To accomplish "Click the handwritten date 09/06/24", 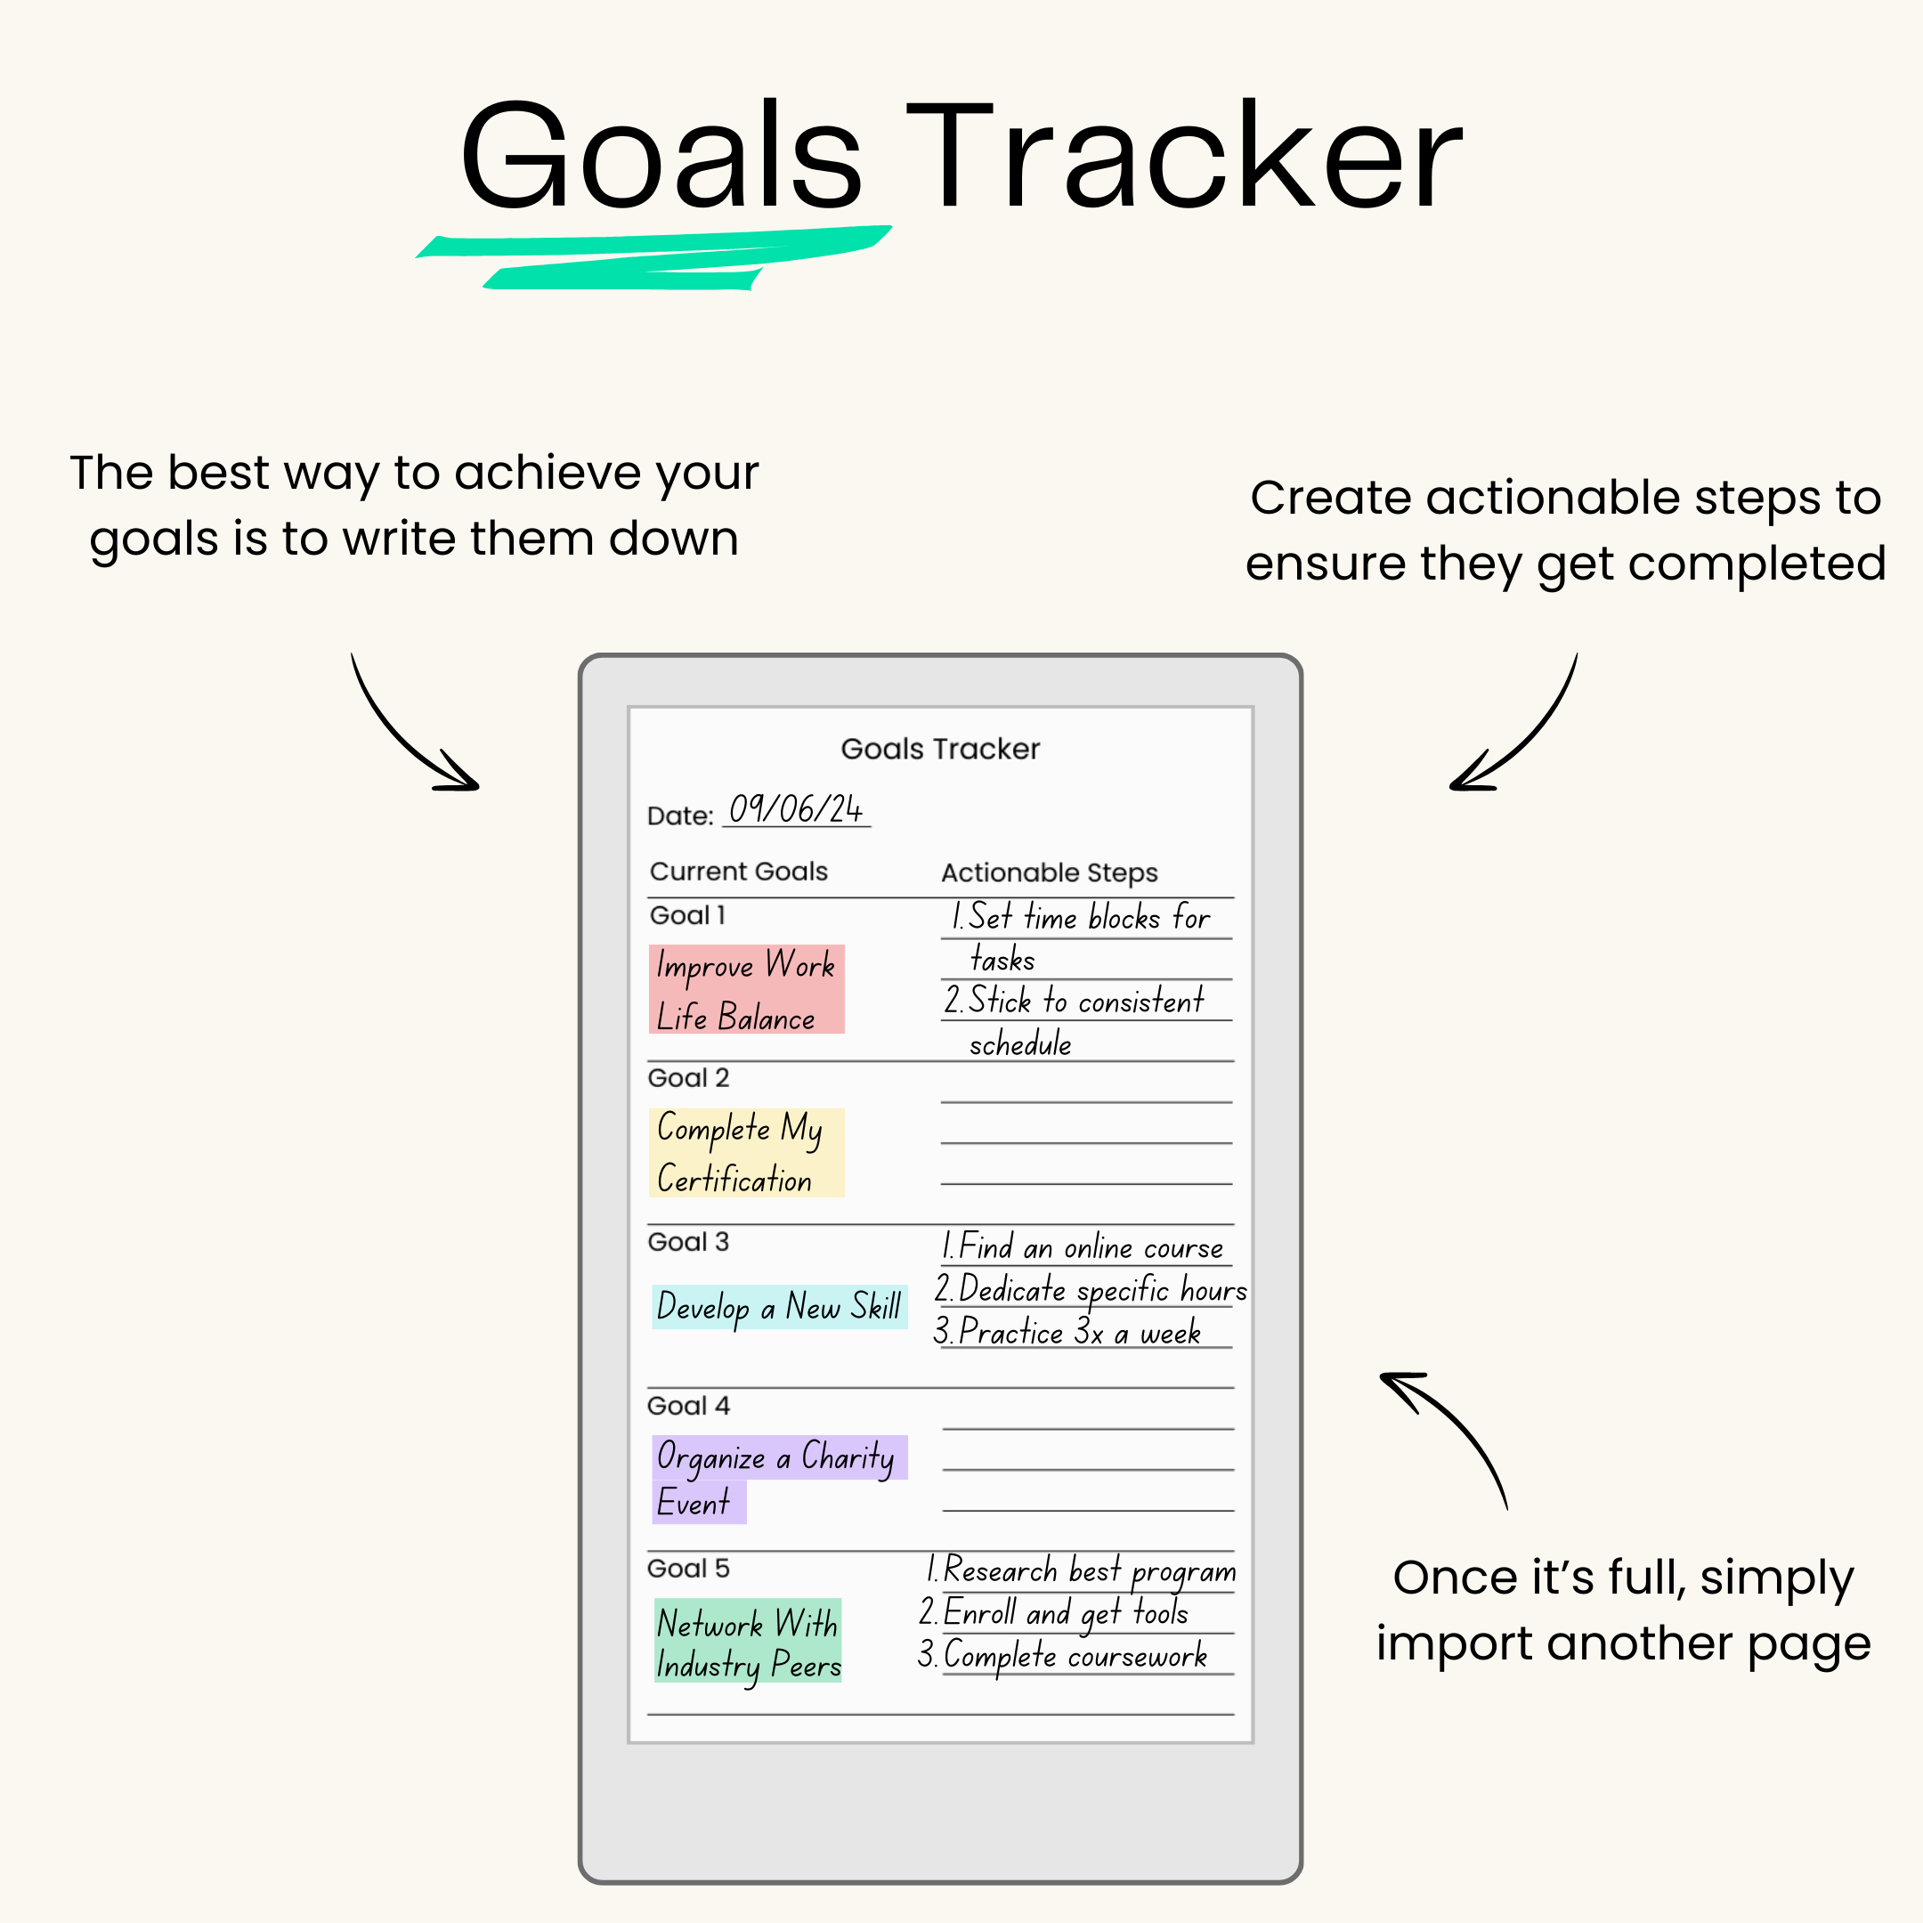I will [795, 809].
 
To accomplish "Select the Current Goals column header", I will [739, 872].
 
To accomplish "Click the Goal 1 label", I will [686, 916].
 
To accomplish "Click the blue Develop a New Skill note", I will [779, 1307].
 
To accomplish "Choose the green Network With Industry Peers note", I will [748, 1642].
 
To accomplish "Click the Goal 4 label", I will [688, 1407].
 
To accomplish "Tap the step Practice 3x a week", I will [1068, 1332].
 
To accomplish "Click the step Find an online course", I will [1082, 1247].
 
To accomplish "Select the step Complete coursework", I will [1063, 1655].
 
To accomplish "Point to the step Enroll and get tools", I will [1054, 1612].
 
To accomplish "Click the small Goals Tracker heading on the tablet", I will [939, 750].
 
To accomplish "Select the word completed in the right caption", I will [1757, 564].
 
